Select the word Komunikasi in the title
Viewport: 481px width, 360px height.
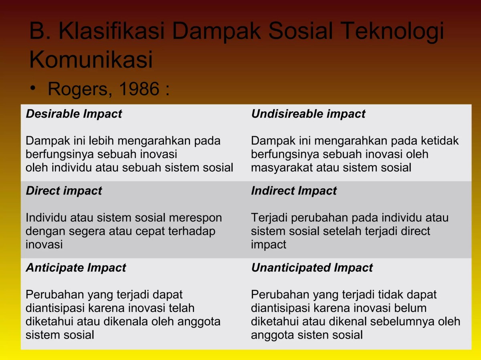(91, 60)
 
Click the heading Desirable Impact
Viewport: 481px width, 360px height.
(74, 114)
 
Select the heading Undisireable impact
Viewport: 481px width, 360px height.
(308, 114)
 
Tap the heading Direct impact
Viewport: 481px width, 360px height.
(64, 191)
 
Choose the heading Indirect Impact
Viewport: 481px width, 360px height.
(294, 191)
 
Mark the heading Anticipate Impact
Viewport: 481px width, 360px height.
(76, 267)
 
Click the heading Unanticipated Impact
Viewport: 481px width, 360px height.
(312, 267)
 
